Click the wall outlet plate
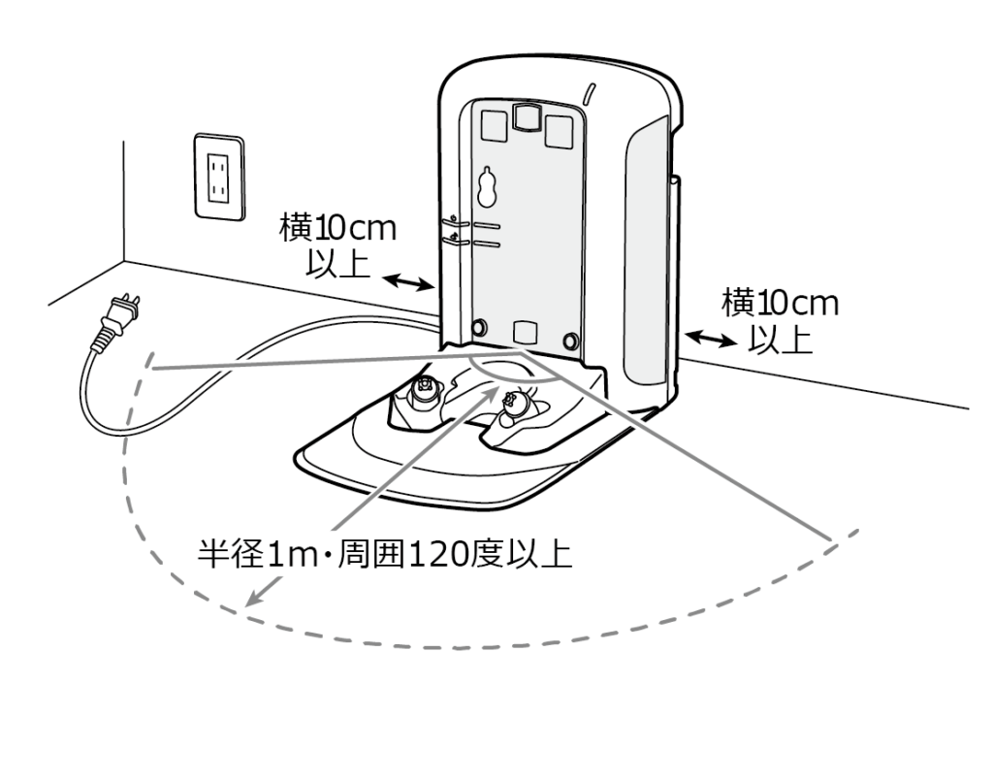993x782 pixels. [218, 176]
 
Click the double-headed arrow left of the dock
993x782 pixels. [406, 282]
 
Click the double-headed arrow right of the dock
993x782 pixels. [711, 340]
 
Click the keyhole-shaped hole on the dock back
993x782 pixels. [487, 187]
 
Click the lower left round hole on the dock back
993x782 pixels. [478, 326]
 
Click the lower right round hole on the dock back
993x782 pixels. [571, 339]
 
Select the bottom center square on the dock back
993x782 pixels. [524, 330]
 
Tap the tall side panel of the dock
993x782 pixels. [647, 262]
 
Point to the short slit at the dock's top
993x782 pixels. [590, 93]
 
